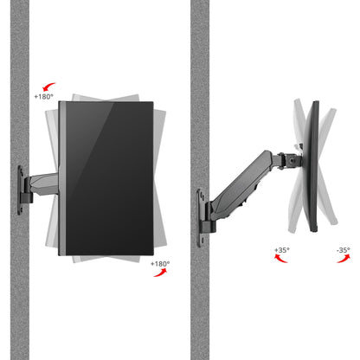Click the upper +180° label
44,97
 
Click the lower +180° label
160,262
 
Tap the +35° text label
281,250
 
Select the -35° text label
343,250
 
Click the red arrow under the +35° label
281,260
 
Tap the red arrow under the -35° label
343,260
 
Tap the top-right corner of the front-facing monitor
153,104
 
